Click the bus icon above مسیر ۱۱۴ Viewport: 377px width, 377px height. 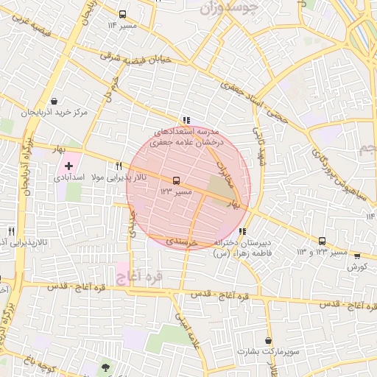[122, 14]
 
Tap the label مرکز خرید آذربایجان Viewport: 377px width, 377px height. [55, 113]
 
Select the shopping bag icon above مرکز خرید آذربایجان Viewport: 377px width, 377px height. [54, 102]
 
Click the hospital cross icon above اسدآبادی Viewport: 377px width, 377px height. [69, 166]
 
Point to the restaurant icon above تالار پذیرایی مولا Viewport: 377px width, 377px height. [118, 166]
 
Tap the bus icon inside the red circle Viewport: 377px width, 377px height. [175, 180]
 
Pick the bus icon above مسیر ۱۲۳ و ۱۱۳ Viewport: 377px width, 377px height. [322, 241]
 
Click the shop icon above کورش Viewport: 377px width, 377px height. [357, 256]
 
